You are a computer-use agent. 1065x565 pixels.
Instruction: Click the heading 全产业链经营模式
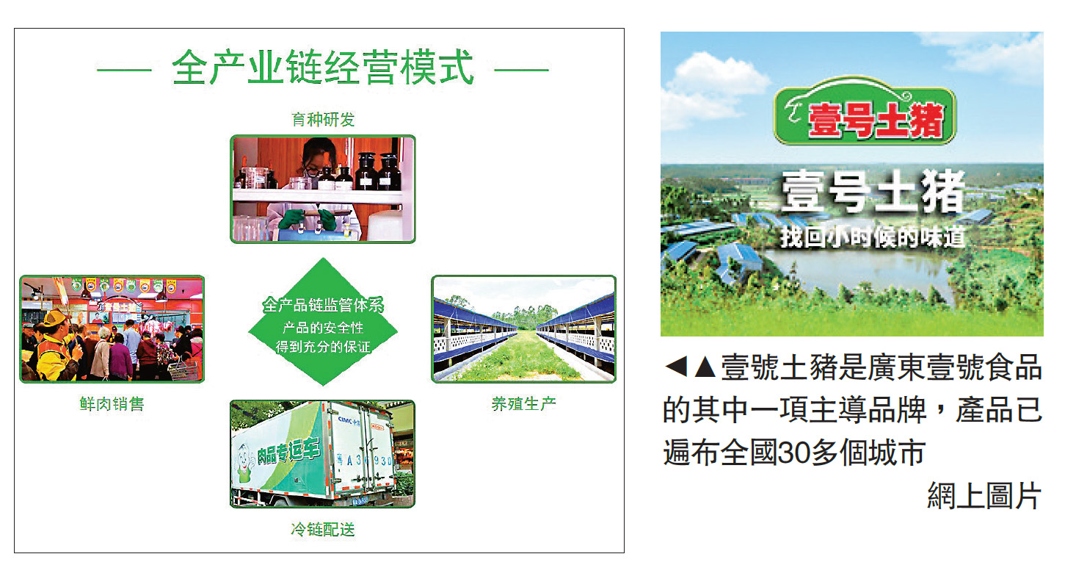tap(323, 69)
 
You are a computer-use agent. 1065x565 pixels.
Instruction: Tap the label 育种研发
tap(323, 119)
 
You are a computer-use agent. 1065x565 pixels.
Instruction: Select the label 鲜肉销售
tap(112, 403)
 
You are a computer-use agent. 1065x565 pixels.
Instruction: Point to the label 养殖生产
tap(523, 403)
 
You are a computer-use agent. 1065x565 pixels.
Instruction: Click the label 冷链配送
tap(323, 528)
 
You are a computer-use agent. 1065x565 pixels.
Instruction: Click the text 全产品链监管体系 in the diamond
tap(323, 305)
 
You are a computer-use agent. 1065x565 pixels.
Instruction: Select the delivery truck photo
tap(322, 453)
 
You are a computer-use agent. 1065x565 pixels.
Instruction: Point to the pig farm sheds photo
tap(523, 329)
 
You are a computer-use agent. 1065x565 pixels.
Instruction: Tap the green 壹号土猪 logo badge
tap(864, 118)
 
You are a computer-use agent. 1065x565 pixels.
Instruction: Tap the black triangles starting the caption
tap(690, 367)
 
